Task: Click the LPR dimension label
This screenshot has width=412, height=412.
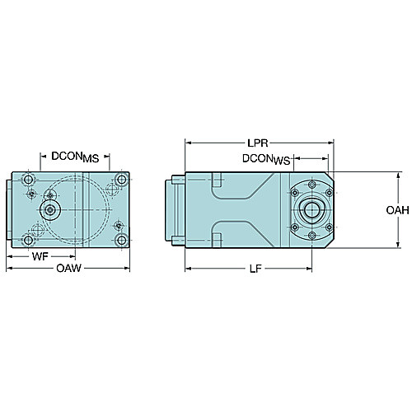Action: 257,143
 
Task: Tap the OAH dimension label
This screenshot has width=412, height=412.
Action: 397,210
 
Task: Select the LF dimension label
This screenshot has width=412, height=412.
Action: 255,269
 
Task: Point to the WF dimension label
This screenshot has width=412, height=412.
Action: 40,256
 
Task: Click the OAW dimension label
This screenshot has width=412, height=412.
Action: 68,268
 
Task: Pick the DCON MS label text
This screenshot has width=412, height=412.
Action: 75,157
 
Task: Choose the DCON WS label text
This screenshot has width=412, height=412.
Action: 266,159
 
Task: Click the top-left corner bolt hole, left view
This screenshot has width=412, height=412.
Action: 28,180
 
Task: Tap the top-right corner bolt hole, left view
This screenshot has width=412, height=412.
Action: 121,180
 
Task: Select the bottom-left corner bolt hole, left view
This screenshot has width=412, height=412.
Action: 28,241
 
